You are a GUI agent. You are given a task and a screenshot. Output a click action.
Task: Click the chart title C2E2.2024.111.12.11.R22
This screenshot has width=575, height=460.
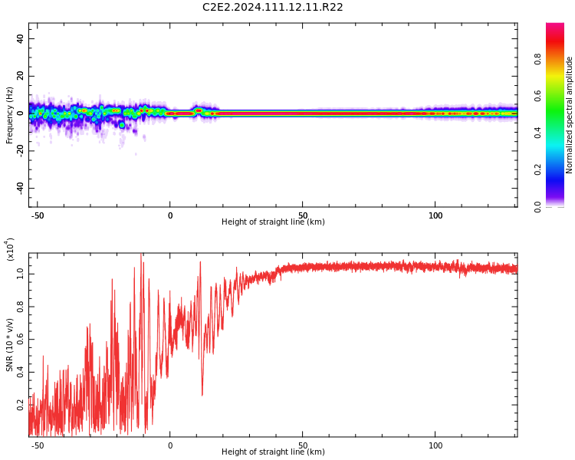pyautogui.click(x=272, y=8)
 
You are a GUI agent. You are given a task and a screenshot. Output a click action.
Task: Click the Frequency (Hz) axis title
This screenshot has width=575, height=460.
pyautogui.click(x=10, y=115)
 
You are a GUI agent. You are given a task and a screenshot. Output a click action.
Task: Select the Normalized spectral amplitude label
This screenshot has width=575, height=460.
pyautogui.click(x=570, y=115)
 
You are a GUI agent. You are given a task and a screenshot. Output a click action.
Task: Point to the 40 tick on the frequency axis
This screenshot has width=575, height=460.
pyautogui.click(x=20, y=39)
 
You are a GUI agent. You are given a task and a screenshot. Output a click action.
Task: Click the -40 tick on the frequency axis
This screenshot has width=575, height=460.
pyautogui.click(x=18, y=188)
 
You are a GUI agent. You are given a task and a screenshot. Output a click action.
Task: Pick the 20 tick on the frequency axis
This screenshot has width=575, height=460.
pyautogui.click(x=20, y=77)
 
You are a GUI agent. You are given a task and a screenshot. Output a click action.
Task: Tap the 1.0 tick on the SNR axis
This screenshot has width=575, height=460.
pyautogui.click(x=21, y=273)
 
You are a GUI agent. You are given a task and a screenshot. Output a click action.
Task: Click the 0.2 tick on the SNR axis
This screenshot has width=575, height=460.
pyautogui.click(x=21, y=405)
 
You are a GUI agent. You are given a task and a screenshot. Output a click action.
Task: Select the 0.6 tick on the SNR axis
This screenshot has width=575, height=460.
pyautogui.click(x=21, y=339)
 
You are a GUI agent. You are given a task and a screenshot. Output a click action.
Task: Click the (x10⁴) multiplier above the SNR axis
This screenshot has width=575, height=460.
pyautogui.click(x=10, y=249)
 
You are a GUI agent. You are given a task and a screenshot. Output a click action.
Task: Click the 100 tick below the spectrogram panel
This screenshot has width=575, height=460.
pyautogui.click(x=435, y=215)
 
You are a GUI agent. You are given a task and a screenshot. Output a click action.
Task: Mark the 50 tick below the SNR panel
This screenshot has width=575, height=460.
pyautogui.click(x=303, y=445)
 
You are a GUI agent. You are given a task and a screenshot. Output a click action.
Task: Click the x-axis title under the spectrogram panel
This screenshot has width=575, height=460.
pyautogui.click(x=273, y=222)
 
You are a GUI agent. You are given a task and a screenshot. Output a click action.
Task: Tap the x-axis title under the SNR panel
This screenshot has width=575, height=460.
pyautogui.click(x=273, y=452)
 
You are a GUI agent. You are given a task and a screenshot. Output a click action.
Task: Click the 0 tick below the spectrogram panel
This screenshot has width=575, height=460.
pyautogui.click(x=170, y=215)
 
